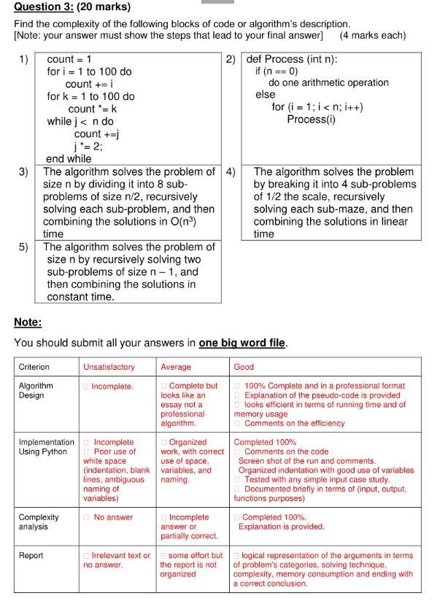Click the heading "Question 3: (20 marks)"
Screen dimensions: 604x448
click(x=72, y=7)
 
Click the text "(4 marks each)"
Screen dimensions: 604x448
click(x=372, y=35)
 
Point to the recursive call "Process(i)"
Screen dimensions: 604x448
click(x=311, y=119)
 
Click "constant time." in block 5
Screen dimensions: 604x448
click(x=81, y=297)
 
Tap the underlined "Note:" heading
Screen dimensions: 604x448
click(x=28, y=322)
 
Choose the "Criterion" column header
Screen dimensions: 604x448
click(x=34, y=367)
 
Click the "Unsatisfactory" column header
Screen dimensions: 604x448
click(x=109, y=367)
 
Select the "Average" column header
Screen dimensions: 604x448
click(x=176, y=367)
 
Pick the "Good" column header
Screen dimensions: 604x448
click(x=243, y=367)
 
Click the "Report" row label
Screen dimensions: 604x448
click(x=31, y=555)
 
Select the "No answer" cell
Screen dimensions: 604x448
click(x=113, y=517)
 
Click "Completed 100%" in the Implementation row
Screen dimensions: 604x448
click(x=265, y=442)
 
